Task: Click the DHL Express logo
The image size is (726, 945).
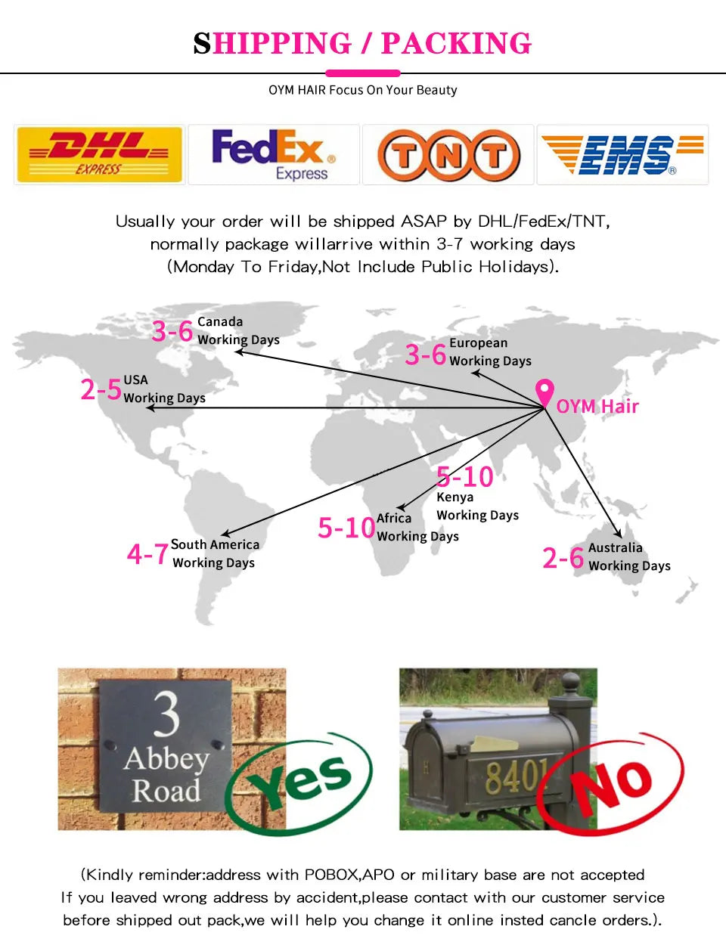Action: [x=99, y=154]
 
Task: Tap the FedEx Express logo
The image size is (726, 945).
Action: [x=274, y=154]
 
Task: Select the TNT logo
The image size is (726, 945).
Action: [x=448, y=155]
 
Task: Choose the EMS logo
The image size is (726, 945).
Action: [x=622, y=154]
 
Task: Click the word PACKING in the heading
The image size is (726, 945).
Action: [x=456, y=44]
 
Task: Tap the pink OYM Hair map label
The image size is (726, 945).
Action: [x=597, y=406]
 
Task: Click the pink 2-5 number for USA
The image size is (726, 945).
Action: [x=101, y=389]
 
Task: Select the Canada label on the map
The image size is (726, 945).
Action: [x=220, y=322]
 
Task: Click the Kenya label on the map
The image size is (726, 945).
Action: [x=455, y=497]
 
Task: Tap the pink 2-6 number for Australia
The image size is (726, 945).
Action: [x=563, y=557]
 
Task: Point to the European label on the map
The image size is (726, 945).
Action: [x=479, y=343]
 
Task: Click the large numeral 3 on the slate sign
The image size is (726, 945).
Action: [x=166, y=714]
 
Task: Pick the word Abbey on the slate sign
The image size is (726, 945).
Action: [x=166, y=759]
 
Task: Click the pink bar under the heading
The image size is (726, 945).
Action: [x=363, y=73]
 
